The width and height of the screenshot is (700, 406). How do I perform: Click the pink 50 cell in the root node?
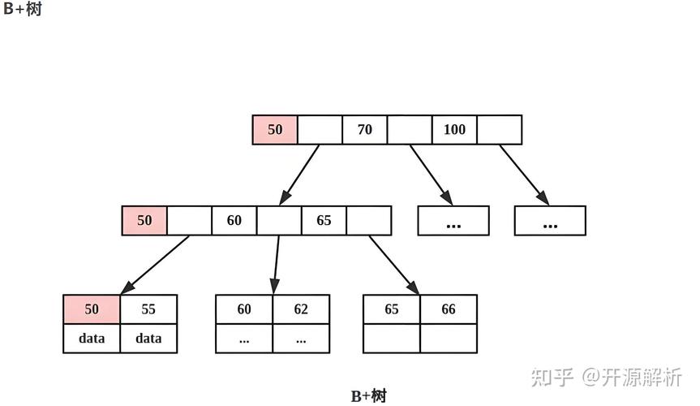pos(275,130)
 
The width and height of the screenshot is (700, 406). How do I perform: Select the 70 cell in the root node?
pos(365,130)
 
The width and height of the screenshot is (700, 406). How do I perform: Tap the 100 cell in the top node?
pos(454,130)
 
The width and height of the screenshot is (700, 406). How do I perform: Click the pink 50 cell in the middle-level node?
pos(144,220)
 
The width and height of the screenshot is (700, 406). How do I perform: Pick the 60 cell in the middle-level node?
pos(234,220)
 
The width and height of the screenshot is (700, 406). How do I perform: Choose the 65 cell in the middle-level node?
pos(324,220)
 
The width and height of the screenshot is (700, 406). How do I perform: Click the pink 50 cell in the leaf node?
pos(92,309)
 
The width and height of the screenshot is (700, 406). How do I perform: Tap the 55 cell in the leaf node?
pos(148,309)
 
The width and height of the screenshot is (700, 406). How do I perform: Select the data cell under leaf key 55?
pos(148,339)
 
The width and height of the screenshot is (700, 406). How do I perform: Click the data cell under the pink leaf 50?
pos(92,339)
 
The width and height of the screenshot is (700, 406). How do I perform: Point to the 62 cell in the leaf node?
pos(301,309)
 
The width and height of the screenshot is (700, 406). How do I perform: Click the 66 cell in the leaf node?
pos(449,309)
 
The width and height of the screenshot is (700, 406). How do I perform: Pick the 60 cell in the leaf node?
pos(244,309)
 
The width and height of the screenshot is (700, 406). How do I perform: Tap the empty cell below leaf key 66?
pos(449,339)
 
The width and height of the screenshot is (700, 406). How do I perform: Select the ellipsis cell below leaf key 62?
pos(301,339)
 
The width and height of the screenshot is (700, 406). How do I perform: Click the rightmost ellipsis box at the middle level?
pos(550,221)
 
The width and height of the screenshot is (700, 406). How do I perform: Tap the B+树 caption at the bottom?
pos(369,396)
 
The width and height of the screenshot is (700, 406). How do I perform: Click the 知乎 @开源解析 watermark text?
pos(606,377)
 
